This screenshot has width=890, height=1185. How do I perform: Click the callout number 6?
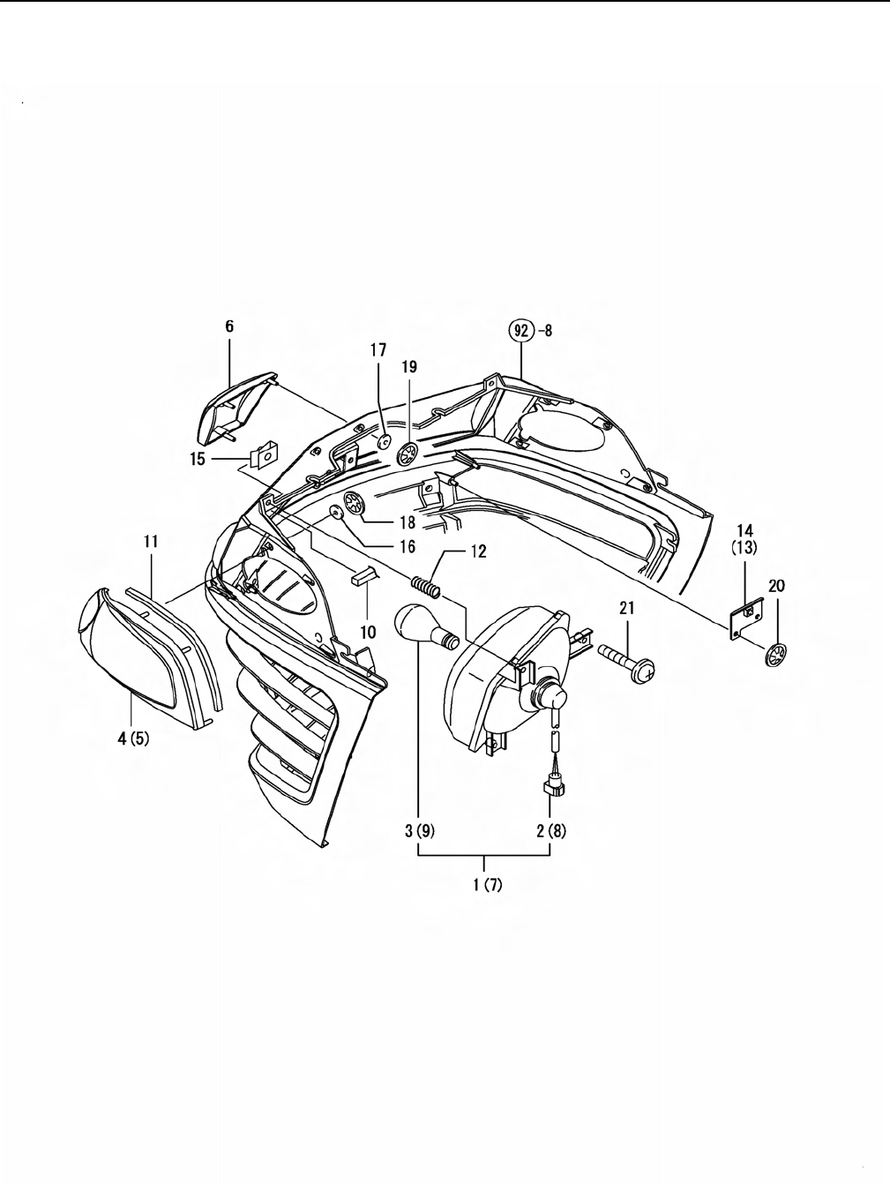coord(230,326)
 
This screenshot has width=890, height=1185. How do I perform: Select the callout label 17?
coord(378,350)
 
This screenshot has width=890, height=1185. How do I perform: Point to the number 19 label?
coord(409,367)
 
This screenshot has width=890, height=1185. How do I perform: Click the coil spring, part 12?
coord(426,587)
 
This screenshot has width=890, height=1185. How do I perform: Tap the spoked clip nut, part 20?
coord(776,655)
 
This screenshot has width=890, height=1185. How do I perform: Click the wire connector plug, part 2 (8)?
coord(554,790)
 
